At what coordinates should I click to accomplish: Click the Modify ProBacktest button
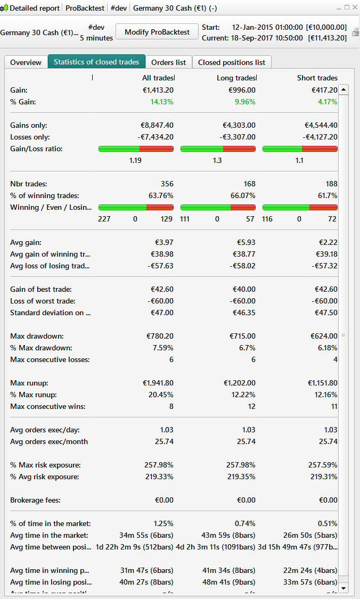pyautogui.click(x=157, y=32)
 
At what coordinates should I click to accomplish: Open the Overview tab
pyautogui.click(x=26, y=62)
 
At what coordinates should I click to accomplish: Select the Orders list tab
pyautogui.click(x=168, y=62)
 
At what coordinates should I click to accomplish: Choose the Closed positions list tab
pyautogui.click(x=232, y=62)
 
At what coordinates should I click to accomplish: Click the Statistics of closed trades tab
pyautogui.click(x=96, y=62)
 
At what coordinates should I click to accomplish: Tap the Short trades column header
pyautogui.click(x=317, y=78)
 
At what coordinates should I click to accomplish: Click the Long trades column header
pyautogui.click(x=236, y=78)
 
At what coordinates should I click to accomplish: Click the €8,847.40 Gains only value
pyautogui.click(x=157, y=125)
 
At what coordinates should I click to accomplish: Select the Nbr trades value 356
pyautogui.click(x=167, y=184)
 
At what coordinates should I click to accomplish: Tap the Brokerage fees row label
pyautogui.click(x=35, y=500)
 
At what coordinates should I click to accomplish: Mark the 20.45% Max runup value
pyautogui.click(x=161, y=395)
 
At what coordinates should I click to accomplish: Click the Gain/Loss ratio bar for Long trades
pyautogui.click(x=218, y=149)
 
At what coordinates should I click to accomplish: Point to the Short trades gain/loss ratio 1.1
pyautogui.click(x=300, y=160)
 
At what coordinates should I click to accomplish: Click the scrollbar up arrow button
pyautogui.click(x=343, y=90)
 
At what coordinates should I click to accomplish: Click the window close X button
pyautogui.click(x=355, y=7)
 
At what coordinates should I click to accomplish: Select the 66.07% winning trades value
pyautogui.click(x=243, y=195)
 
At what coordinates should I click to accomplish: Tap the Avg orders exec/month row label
pyautogui.click(x=49, y=441)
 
